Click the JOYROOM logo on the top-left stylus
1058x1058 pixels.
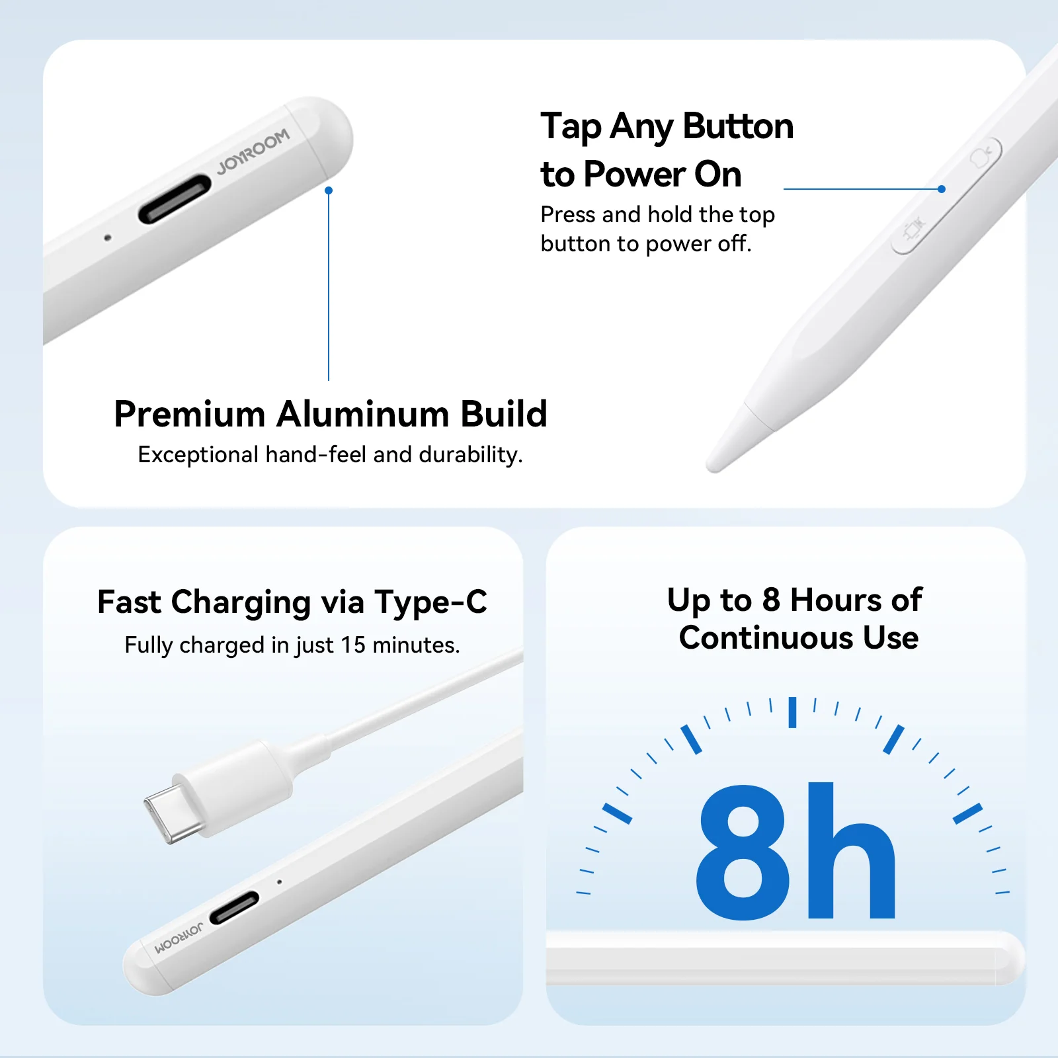pyautogui.click(x=253, y=151)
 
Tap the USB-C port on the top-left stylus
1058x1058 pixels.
pyautogui.click(x=175, y=198)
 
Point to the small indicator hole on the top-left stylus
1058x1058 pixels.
pyautogui.click(x=108, y=237)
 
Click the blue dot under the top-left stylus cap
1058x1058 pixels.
pyautogui.click(x=329, y=190)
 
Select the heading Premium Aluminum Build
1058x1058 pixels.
pyautogui.click(x=331, y=415)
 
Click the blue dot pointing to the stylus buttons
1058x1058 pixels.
pyautogui.click(x=942, y=189)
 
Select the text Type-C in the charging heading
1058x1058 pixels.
pyautogui.click(x=430, y=602)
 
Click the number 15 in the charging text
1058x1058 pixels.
pyautogui.click(x=353, y=645)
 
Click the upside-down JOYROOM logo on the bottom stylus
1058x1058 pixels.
pyautogui.click(x=179, y=939)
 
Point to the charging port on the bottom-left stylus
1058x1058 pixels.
pyautogui.click(x=234, y=908)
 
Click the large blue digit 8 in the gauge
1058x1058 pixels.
pyautogui.click(x=743, y=852)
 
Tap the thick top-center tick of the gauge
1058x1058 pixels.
pyautogui.click(x=792, y=712)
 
